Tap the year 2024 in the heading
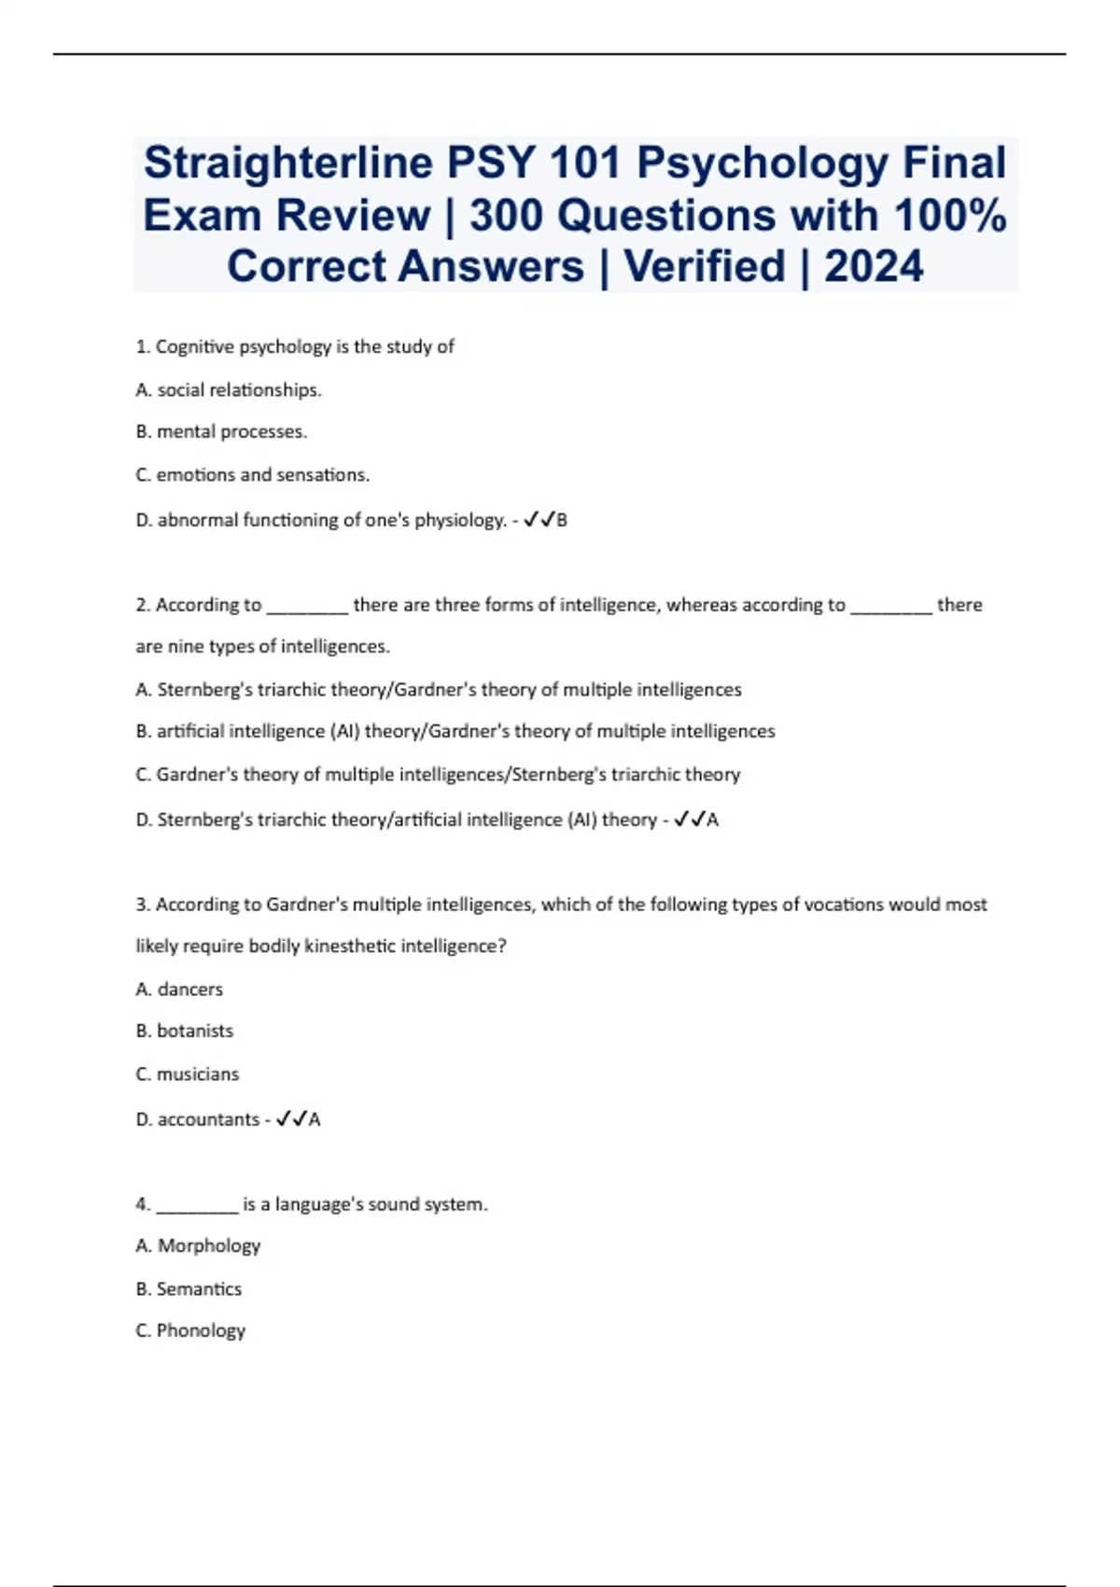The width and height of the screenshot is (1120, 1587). click(x=874, y=267)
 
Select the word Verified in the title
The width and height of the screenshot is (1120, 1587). click(x=706, y=267)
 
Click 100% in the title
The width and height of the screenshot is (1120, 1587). click(x=950, y=216)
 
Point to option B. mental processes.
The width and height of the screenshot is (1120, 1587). click(x=221, y=432)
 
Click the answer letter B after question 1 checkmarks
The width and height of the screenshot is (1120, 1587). click(x=562, y=521)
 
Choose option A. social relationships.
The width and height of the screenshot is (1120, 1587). click(x=229, y=390)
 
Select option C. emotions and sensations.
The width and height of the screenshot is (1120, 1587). click(x=252, y=475)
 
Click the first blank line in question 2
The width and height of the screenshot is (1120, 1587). click(x=307, y=607)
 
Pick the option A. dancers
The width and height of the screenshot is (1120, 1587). click(x=179, y=990)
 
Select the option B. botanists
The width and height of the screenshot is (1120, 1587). click(x=184, y=1032)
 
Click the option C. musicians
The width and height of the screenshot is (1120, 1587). click(x=187, y=1074)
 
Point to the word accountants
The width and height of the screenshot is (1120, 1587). click(x=208, y=1119)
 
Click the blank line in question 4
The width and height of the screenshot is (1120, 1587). click(x=197, y=1206)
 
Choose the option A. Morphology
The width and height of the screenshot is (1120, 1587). click(x=198, y=1246)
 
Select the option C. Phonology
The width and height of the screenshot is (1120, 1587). click(x=190, y=1331)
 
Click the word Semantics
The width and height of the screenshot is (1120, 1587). click(x=199, y=1289)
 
